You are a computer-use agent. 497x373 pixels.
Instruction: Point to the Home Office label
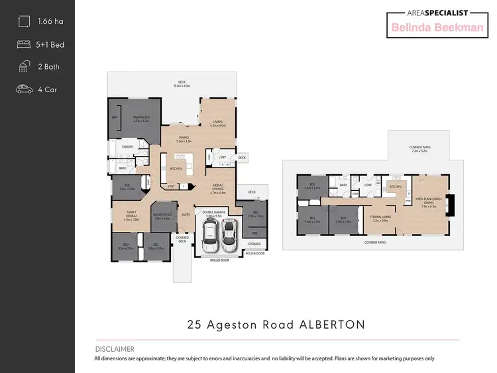(162, 216)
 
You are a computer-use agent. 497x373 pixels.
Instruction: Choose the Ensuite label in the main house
(128, 146)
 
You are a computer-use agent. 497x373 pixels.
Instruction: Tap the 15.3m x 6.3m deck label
(182, 84)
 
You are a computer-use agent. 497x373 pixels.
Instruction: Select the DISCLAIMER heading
(114, 349)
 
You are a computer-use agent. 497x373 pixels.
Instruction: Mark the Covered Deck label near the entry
(182, 239)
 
